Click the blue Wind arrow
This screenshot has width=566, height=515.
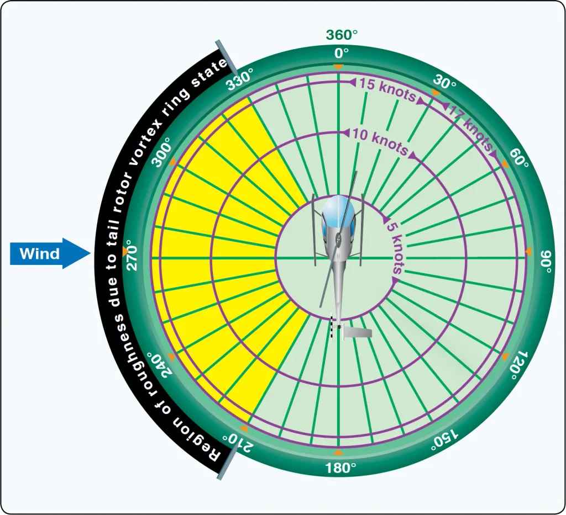(x=50, y=253)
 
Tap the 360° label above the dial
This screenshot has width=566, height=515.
(x=342, y=35)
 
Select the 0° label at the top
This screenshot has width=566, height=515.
(x=342, y=54)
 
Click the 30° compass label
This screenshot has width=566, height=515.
(x=444, y=82)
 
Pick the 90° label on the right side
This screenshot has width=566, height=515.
(x=546, y=262)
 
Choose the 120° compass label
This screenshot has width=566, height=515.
(x=519, y=365)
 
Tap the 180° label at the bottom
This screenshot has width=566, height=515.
(x=340, y=468)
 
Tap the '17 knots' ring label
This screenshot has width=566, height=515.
(x=470, y=127)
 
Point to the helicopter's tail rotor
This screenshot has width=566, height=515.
(x=332, y=328)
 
